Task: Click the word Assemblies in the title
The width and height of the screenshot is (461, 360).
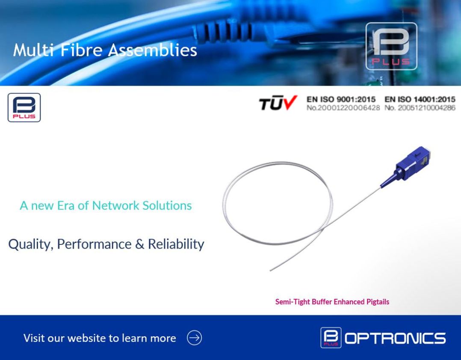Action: [152, 50]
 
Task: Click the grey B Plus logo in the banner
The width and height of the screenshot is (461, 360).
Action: [391, 46]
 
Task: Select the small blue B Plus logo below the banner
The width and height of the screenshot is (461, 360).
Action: [24, 107]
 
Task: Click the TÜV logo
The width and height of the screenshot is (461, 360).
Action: [278, 103]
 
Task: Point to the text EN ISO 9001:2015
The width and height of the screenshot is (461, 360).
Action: [341, 100]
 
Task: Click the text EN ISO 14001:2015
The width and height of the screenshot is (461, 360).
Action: [420, 100]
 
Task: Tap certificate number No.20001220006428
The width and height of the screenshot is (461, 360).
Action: [343, 108]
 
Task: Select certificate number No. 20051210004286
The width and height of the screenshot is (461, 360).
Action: [420, 108]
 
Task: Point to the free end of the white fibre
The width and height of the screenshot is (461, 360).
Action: [271, 270]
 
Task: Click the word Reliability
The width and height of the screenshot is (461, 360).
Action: [176, 244]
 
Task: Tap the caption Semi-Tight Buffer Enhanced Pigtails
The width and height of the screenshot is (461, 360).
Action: [332, 302]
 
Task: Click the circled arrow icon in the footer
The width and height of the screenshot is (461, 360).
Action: [194, 338]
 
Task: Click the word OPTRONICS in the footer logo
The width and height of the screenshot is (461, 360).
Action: [395, 338]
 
